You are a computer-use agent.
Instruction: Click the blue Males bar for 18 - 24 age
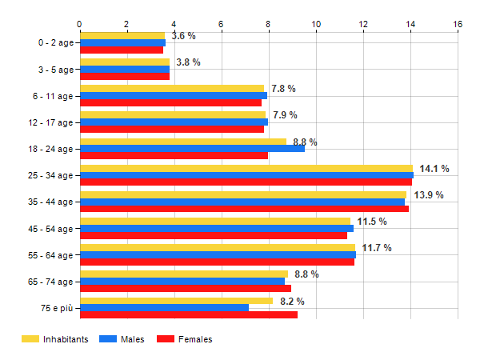click(x=192, y=149)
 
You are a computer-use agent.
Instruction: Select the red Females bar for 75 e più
click(x=189, y=314)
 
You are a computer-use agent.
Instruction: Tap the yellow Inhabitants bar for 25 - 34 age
click(x=246, y=168)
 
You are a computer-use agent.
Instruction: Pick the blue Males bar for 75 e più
click(x=164, y=308)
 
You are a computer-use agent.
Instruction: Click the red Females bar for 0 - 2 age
click(x=121, y=50)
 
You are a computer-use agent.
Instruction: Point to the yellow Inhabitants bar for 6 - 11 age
click(x=172, y=89)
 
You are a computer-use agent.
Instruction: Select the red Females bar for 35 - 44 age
click(x=244, y=209)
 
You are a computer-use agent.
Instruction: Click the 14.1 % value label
click(x=434, y=169)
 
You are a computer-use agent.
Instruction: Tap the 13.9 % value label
click(x=428, y=195)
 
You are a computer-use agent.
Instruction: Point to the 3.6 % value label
click(x=184, y=37)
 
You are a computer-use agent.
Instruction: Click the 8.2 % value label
click(x=292, y=302)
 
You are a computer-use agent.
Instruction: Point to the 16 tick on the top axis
click(x=458, y=24)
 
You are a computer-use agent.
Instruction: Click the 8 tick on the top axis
click(x=269, y=24)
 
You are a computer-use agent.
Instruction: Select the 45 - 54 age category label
click(x=50, y=229)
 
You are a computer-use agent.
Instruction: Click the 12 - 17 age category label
click(x=50, y=122)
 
